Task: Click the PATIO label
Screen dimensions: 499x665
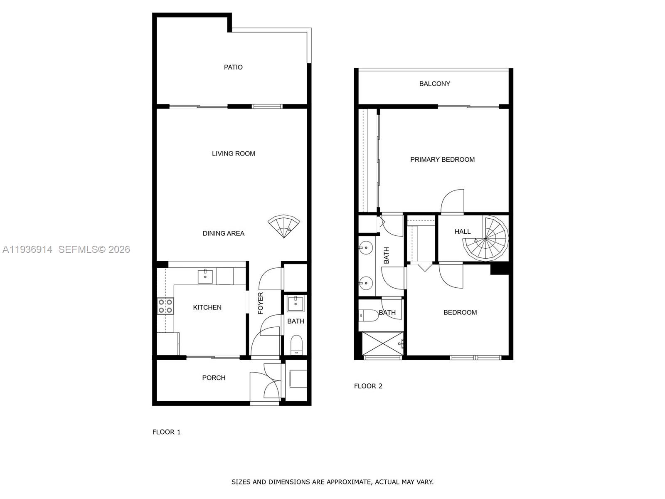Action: point(233,67)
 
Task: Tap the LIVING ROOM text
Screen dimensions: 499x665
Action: point(233,153)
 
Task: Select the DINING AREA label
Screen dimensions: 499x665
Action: point(223,233)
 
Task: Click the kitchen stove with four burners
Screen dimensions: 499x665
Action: point(165,306)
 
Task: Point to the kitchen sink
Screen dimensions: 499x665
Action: point(205,276)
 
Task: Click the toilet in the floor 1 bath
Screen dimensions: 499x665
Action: point(296,344)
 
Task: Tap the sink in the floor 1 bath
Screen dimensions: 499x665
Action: point(296,303)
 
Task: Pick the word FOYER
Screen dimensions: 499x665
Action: point(261,303)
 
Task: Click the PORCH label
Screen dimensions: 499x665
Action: point(214,378)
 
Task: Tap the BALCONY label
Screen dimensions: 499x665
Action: point(434,84)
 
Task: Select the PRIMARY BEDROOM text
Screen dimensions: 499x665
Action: point(442,159)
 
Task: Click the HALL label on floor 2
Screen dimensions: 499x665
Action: point(463,232)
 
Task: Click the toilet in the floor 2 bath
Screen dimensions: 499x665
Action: point(367,315)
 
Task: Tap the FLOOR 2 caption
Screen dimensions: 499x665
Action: point(368,386)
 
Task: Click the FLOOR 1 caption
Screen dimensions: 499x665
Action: point(166,432)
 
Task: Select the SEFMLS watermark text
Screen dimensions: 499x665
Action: point(94,249)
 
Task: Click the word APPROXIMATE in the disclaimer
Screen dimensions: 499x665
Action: point(348,482)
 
